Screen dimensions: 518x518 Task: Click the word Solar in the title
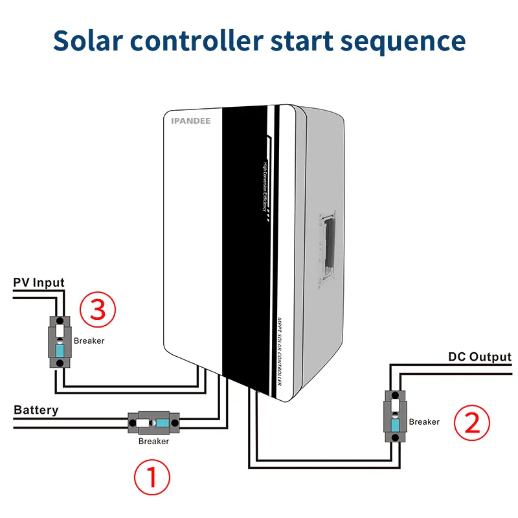(x=89, y=39)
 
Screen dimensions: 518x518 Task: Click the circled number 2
(x=472, y=423)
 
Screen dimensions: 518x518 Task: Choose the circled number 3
(x=97, y=310)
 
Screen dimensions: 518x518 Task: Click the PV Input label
(x=38, y=282)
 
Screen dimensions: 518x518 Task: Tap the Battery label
(x=36, y=410)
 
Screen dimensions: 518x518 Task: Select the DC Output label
(x=480, y=357)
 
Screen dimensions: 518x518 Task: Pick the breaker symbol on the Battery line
(x=154, y=423)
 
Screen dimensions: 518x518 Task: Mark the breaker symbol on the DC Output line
(x=394, y=416)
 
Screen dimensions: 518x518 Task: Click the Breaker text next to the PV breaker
(x=89, y=341)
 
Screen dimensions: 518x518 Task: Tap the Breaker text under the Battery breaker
(x=153, y=442)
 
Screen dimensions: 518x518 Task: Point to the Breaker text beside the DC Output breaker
(x=424, y=422)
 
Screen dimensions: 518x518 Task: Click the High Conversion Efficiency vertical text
(x=266, y=191)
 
